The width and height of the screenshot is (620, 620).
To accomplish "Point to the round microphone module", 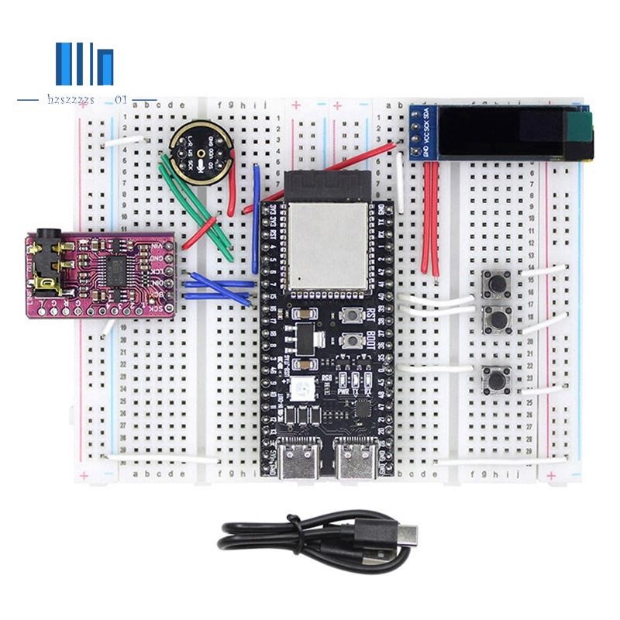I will click(199, 152).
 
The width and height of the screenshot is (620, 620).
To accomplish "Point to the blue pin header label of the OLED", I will click(424, 133).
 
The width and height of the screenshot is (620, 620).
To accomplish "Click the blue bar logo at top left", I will click(84, 64).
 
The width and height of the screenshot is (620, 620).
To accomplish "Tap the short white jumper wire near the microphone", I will click(125, 142).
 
